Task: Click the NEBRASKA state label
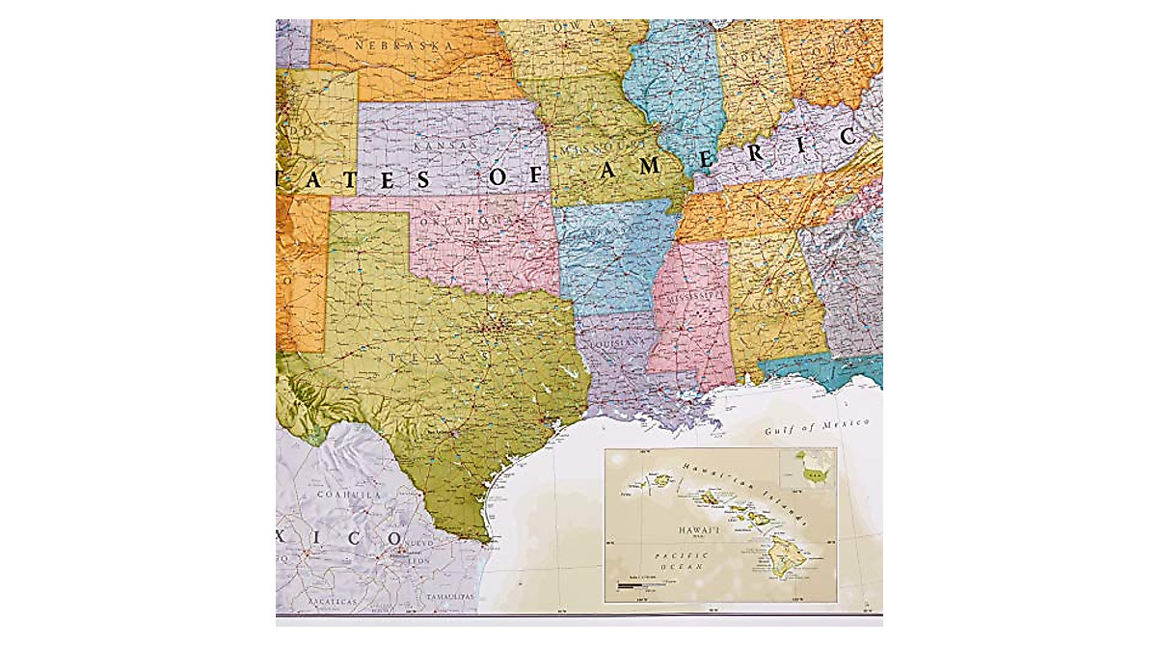(390, 45)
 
